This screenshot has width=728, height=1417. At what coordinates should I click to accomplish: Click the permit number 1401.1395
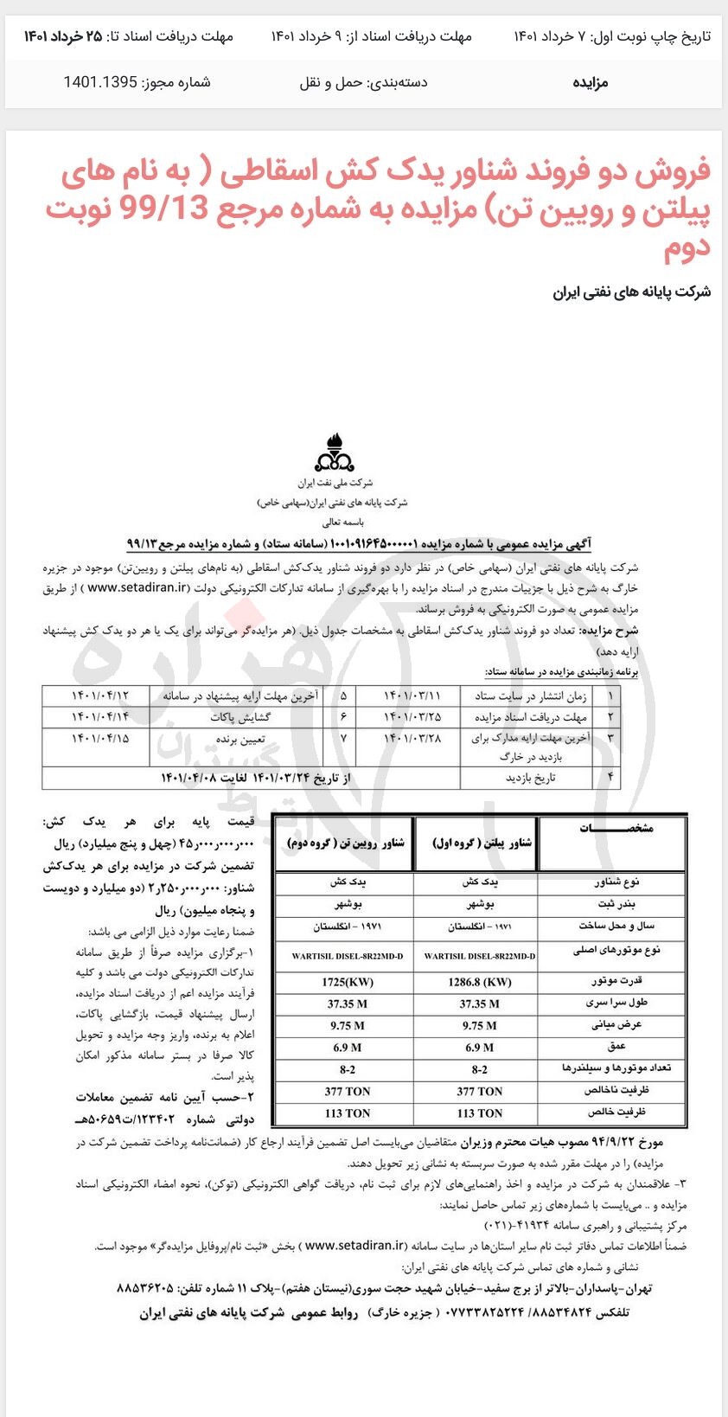coord(100,82)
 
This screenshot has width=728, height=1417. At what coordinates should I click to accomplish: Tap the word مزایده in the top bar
coord(591,82)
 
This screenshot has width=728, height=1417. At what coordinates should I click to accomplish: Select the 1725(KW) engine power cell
coord(348,982)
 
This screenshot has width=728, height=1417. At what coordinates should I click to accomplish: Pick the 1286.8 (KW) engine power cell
coord(479,982)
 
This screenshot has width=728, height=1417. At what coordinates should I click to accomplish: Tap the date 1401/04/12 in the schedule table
coord(99,696)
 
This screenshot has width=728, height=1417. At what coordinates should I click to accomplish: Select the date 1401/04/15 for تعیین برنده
coord(99,739)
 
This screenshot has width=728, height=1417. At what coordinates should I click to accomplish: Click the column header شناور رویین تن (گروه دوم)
coord(346,843)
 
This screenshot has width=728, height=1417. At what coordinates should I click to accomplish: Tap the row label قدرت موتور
coord(616,981)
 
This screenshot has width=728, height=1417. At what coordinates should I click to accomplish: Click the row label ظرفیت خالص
coord(616,1112)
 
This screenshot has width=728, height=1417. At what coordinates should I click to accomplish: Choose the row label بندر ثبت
coord(616,903)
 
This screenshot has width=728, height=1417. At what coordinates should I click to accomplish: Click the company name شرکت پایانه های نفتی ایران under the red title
coord(631,292)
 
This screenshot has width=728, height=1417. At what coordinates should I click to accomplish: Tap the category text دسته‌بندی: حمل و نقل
coord(363,82)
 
